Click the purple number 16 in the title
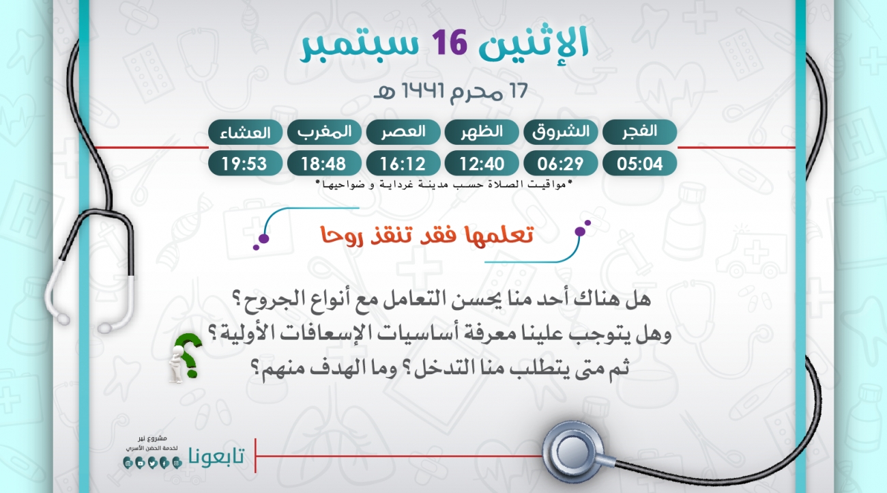(450, 42)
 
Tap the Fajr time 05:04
(639, 163)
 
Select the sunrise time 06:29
(560, 163)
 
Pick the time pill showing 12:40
(482, 163)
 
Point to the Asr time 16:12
(403, 163)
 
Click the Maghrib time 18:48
(324, 163)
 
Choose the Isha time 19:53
(245, 163)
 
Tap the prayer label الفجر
(639, 132)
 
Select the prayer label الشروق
(560, 132)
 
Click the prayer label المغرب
(324, 132)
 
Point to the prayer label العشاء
(245, 132)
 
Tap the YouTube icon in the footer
(140, 463)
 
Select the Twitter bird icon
(152, 463)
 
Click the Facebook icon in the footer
(164, 463)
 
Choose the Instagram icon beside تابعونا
(177, 463)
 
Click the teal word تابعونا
(216, 456)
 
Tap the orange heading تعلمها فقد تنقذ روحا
(427, 236)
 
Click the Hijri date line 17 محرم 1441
(450, 91)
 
